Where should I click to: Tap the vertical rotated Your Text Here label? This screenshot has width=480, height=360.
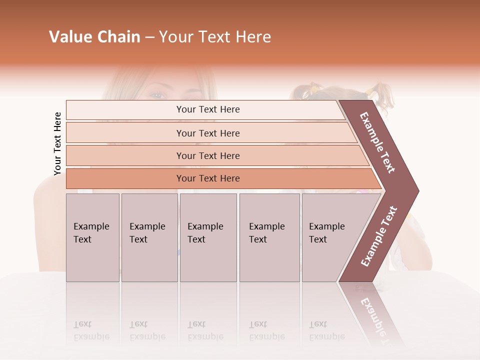[57, 144]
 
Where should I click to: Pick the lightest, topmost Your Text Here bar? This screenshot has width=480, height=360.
[207, 109]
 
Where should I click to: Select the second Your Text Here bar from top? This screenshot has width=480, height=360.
[207, 133]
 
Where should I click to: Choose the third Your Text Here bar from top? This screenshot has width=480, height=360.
[207, 155]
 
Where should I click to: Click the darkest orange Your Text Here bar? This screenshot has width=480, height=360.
[207, 178]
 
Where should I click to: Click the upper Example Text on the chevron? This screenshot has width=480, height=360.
[377, 142]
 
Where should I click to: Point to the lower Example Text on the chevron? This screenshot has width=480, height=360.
[379, 236]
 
